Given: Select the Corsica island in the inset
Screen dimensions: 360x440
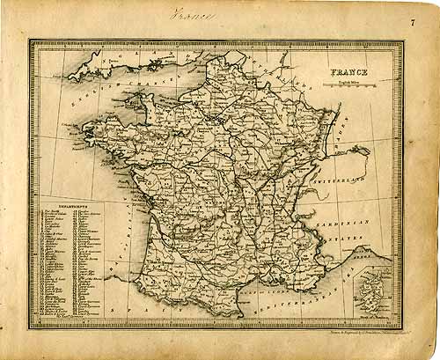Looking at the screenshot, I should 379,290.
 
